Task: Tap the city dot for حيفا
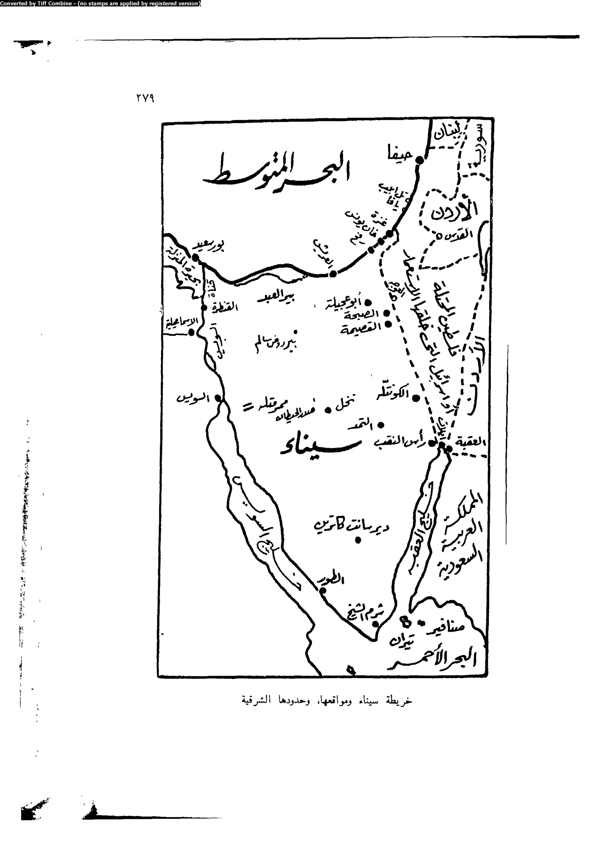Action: tap(419, 160)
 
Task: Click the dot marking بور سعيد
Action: tap(195, 258)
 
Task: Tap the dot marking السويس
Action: tap(218, 398)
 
